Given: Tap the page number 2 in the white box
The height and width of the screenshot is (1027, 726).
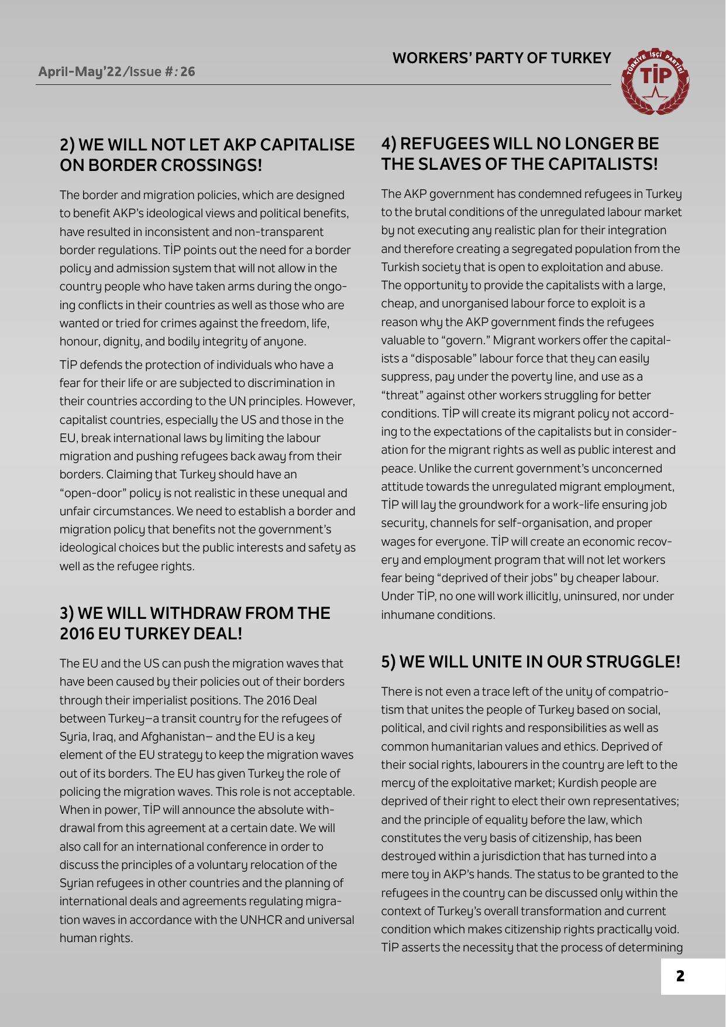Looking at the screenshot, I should coord(680,976).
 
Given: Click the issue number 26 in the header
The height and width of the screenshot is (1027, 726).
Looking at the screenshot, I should coord(187,71).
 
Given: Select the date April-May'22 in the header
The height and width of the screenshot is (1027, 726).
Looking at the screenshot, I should coord(80,71).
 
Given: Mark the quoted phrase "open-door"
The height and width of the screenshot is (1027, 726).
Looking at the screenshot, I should coord(88,493).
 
